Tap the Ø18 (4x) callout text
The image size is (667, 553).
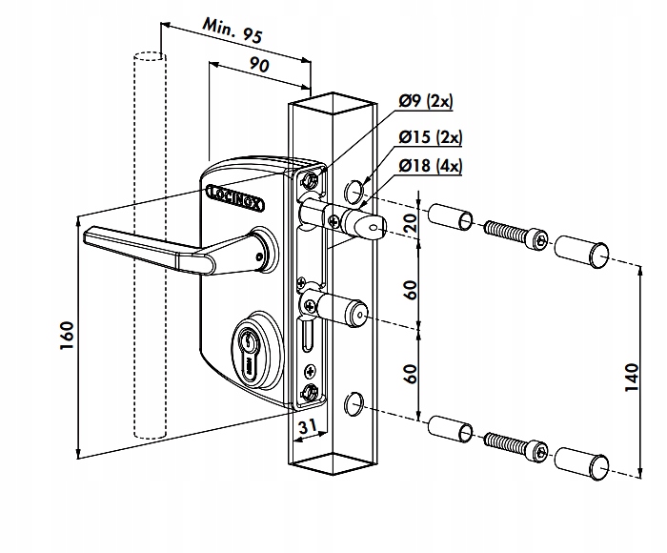point(431,166)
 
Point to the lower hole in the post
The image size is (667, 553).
point(354,404)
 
